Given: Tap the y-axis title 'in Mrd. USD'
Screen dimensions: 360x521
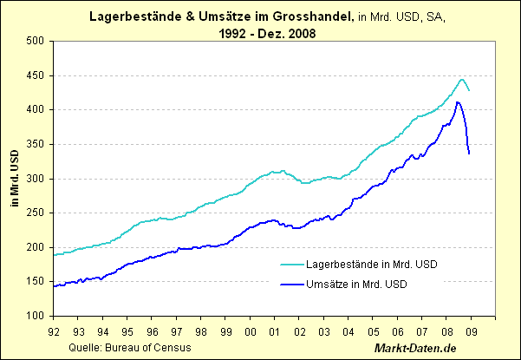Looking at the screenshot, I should point(12,179).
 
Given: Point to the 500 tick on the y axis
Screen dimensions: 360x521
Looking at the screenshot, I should point(36,41).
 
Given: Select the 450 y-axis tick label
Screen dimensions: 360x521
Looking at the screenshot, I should point(36,75).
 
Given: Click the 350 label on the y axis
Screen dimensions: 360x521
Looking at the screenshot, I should point(36,144).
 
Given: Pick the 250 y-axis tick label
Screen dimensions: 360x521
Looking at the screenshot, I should point(36,213).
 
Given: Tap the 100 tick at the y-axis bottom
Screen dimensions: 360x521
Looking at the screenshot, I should point(36,317).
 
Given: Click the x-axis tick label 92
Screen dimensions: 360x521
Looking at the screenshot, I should point(54,330).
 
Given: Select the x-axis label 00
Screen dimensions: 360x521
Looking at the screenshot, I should point(251,330).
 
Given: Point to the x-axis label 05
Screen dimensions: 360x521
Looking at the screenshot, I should point(374,330).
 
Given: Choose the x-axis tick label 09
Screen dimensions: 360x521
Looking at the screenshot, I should point(472,330).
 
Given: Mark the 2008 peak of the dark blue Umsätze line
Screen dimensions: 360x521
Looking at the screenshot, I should point(458,102).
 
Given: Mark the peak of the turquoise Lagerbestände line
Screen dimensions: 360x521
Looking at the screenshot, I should point(461,79).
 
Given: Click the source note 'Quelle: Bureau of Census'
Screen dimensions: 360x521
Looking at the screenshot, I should point(127,347).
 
